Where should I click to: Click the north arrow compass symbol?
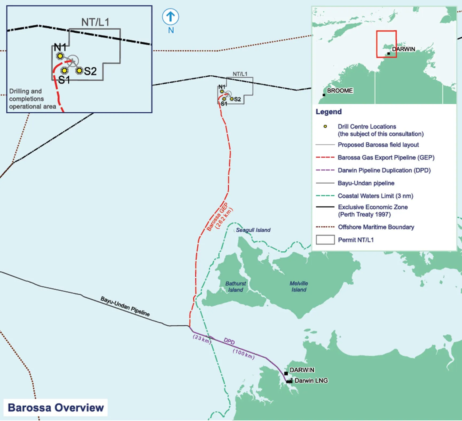pyautogui.click(x=170, y=17)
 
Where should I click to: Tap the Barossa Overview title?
pyautogui.click(x=56, y=408)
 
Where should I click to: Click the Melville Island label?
pyautogui.click(x=299, y=286)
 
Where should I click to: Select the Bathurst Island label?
pyautogui.click(x=236, y=287)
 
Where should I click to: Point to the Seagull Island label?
pyautogui.click(x=253, y=230)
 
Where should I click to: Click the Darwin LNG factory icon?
pyautogui.click(x=289, y=381)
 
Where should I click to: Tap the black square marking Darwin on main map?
pyautogui.click(x=286, y=373)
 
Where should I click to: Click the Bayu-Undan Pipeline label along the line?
pyautogui.click(x=125, y=306)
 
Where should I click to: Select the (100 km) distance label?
pyautogui.click(x=243, y=354)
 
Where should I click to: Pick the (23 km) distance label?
pyautogui.click(x=202, y=339)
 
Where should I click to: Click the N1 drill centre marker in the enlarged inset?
pyautogui.click(x=60, y=56)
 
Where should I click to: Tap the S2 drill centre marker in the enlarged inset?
pyautogui.click(x=79, y=71)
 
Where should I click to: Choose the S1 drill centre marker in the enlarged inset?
pyautogui.click(x=64, y=71)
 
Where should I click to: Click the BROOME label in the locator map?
pyautogui.click(x=340, y=91)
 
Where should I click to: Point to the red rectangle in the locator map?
pyautogui.click(x=386, y=44)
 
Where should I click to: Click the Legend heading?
pyautogui.click(x=328, y=112)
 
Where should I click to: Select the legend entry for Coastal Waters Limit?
pyautogui.click(x=375, y=196)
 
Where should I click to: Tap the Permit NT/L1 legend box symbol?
pyautogui.click(x=325, y=240)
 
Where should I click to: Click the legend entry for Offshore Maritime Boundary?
pyautogui.click(x=376, y=227)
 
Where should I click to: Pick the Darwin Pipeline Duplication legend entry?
pyautogui.click(x=384, y=170)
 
